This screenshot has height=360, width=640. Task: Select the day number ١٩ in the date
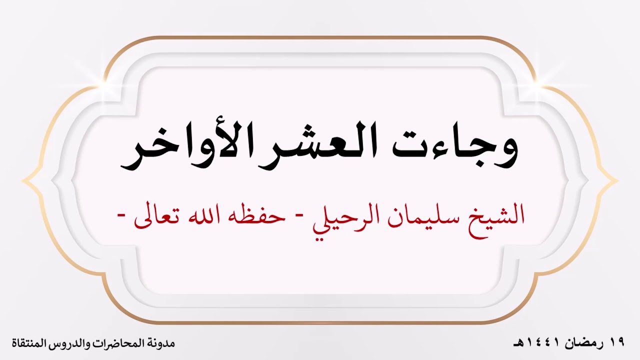[617, 343]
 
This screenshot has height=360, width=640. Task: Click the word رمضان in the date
[585, 343]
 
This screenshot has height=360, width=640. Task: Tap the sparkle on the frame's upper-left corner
[105, 80]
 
